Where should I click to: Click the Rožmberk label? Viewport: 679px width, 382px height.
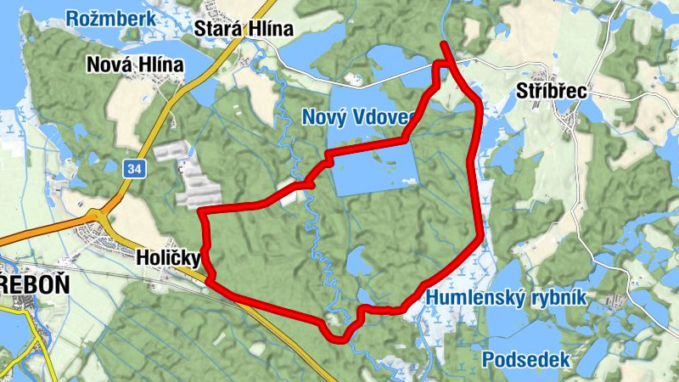click(111, 19)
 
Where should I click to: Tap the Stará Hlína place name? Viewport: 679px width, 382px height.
click(244, 28)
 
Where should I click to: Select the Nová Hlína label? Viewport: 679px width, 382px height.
click(135, 64)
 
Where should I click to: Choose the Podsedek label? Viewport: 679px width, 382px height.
click(526, 360)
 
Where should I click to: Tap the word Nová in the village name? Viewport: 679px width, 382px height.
click(111, 64)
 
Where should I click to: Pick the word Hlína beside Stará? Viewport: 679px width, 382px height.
click(268, 28)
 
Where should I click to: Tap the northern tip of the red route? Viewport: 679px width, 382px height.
click(444, 44)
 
